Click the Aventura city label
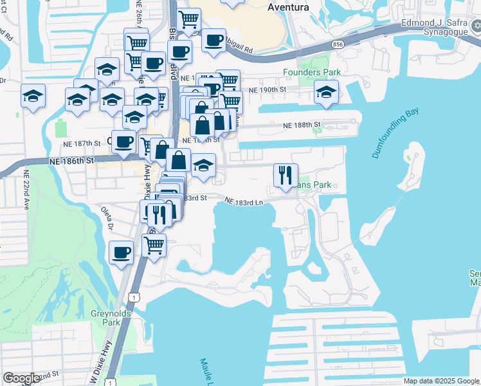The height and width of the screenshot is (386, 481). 287,7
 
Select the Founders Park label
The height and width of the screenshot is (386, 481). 312,72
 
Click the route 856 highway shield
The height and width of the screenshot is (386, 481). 338,44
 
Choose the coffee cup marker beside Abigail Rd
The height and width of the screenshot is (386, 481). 213,41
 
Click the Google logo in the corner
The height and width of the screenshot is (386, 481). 21,378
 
